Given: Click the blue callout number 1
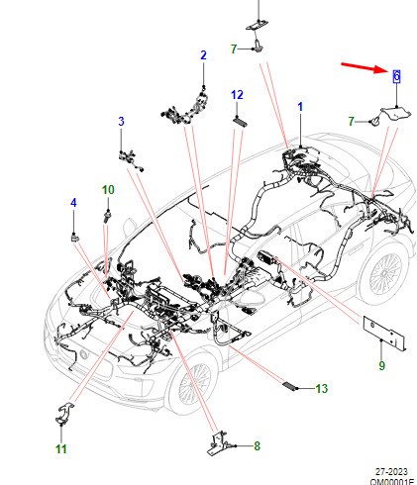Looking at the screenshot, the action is [300, 107].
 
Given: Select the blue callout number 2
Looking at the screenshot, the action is [203, 54].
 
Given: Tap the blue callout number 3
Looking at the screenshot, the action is [121, 121].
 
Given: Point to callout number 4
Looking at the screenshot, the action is [73, 202].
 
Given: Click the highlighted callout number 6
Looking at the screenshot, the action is [396, 76].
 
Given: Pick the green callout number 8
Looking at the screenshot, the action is [257, 445].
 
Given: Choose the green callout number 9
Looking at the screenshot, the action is [381, 365].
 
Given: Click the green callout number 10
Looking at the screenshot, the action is [108, 190].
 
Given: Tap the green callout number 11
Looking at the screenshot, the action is [61, 448].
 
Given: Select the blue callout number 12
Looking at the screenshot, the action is [237, 95].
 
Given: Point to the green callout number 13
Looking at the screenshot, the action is [321, 388].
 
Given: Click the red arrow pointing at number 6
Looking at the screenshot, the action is [364, 67].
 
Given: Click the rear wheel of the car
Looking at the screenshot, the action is [383, 274].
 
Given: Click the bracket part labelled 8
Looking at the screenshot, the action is [218, 443].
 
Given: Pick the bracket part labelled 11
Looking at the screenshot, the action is [64, 414].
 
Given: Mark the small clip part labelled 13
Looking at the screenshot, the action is [289, 386].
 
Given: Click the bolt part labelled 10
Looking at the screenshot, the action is [107, 216].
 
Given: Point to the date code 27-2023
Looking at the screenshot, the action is [391, 472].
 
